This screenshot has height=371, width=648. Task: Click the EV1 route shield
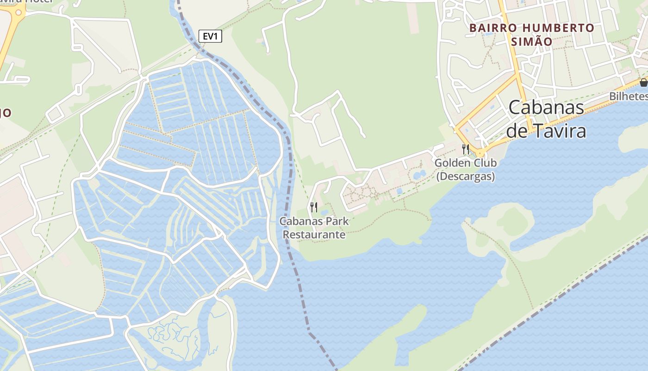(210, 36)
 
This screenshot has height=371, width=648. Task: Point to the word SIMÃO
(531, 42)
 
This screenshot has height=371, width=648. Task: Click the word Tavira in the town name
(560, 131)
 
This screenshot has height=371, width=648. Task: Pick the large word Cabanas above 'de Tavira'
(546, 108)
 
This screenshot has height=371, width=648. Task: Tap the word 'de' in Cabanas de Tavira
(516, 131)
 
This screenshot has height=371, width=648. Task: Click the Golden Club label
(465, 163)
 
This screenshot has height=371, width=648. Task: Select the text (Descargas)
(465, 176)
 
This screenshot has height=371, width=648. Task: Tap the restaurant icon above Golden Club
(465, 149)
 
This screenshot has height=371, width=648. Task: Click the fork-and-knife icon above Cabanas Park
(314, 207)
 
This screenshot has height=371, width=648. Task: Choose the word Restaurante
(314, 235)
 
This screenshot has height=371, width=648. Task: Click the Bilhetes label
(628, 96)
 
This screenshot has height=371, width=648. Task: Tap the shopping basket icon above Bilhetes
(643, 83)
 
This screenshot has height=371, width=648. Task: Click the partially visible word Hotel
(39, 1)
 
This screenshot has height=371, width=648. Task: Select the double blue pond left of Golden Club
(419, 175)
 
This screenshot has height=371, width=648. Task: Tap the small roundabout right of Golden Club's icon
(480, 154)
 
